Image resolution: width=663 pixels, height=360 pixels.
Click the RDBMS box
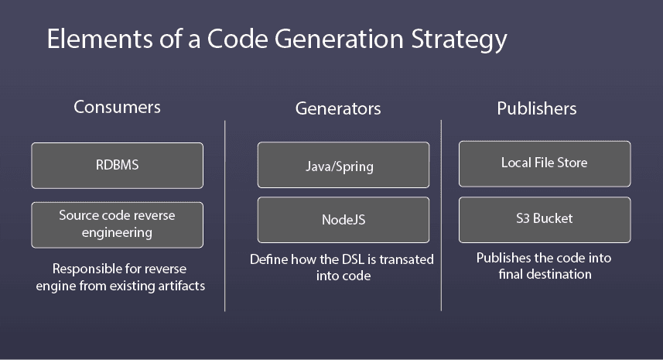(x=117, y=166)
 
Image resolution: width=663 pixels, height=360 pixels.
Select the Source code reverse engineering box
(x=117, y=225)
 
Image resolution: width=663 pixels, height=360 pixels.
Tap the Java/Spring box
(x=343, y=165)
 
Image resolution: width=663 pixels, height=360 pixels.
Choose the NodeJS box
(x=343, y=220)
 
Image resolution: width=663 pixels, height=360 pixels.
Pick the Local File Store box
(x=545, y=163)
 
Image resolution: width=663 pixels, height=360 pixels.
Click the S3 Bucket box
(x=545, y=220)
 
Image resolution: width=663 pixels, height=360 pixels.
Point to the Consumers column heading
(x=117, y=107)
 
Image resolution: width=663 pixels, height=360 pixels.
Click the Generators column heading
(x=338, y=108)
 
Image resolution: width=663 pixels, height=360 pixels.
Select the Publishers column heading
(x=537, y=108)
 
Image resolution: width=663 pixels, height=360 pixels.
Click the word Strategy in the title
(x=459, y=40)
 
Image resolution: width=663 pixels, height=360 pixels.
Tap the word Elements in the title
(x=100, y=39)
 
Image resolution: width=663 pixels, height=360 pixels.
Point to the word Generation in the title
(x=339, y=39)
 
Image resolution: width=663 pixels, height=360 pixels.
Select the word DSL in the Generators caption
(x=353, y=259)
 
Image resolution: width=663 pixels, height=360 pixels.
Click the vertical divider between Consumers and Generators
(x=225, y=216)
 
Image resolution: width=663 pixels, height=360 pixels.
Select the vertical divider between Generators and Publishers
(x=441, y=216)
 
